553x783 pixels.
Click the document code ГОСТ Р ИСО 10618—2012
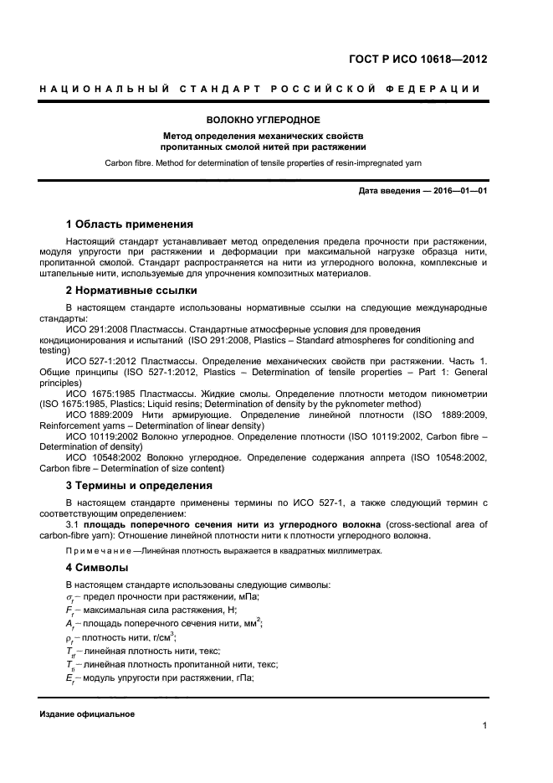tap(417, 59)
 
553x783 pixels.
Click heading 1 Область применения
tap(129, 224)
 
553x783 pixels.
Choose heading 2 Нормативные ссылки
tap(131, 291)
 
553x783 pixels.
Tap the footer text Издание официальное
tap(86, 714)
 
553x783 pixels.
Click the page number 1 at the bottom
tap(484, 725)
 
